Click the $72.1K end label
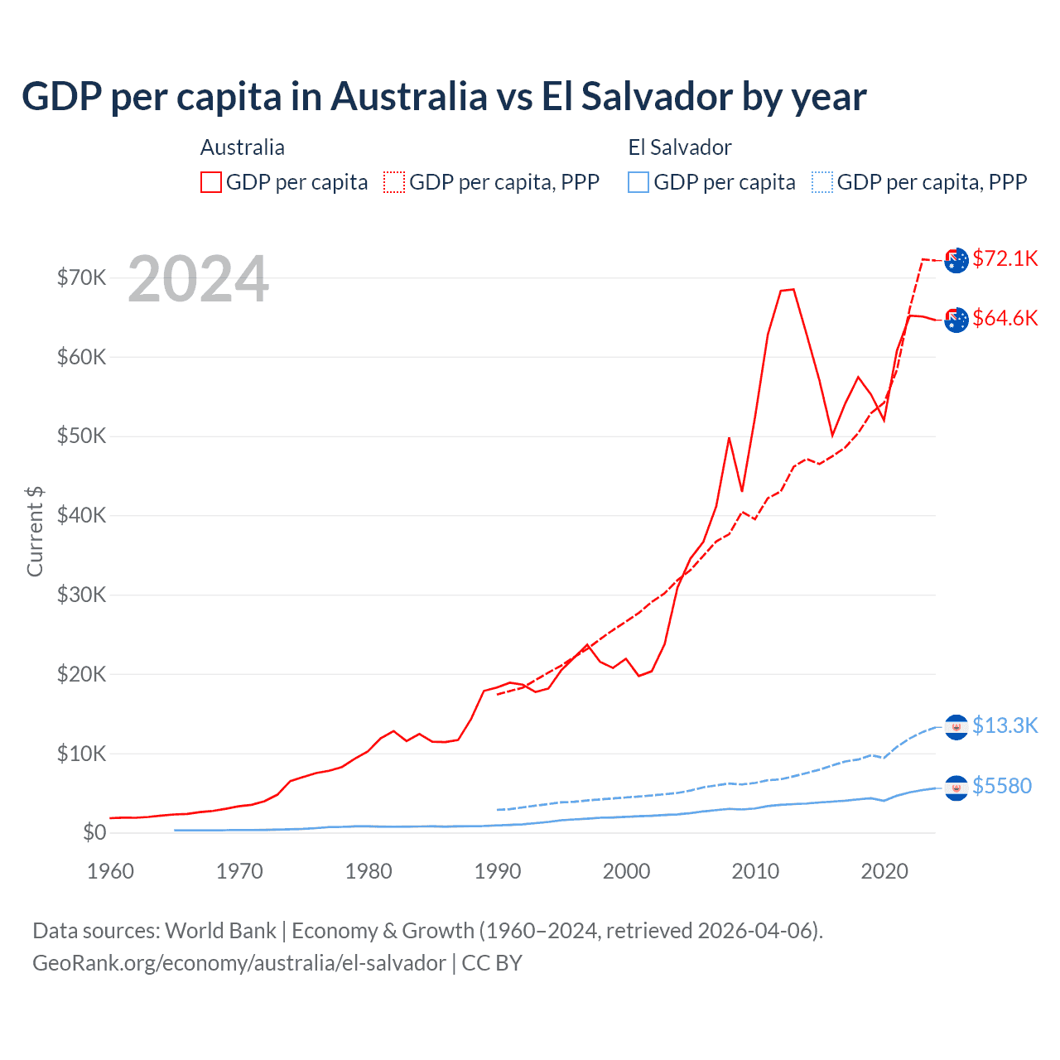[x=1005, y=258]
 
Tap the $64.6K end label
[x=1005, y=318]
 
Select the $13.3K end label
[x=1005, y=725]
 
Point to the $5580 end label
[x=1001, y=786]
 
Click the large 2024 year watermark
[x=198, y=279]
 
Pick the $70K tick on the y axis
[x=81, y=277]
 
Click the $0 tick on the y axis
[x=94, y=832]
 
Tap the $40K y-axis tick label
[x=81, y=515]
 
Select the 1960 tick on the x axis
[x=110, y=871]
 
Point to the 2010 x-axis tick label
[x=755, y=871]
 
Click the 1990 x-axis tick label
[x=498, y=871]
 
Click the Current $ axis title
[x=35, y=532]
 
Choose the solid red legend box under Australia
[x=211, y=182]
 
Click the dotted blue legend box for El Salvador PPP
[x=822, y=182]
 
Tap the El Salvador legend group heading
[x=680, y=147]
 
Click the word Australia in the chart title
[x=409, y=96]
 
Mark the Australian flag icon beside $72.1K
[x=956, y=260]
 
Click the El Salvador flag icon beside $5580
[x=956, y=788]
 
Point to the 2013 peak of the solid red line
[x=793, y=289]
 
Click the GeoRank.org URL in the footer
[x=238, y=963]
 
